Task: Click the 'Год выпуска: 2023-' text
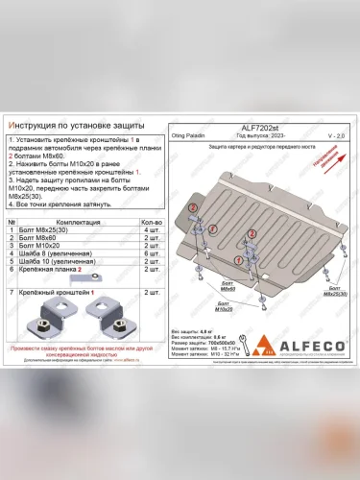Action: coord(247,135)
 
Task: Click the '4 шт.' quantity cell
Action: coord(150,230)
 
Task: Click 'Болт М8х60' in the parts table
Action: coord(39,238)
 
